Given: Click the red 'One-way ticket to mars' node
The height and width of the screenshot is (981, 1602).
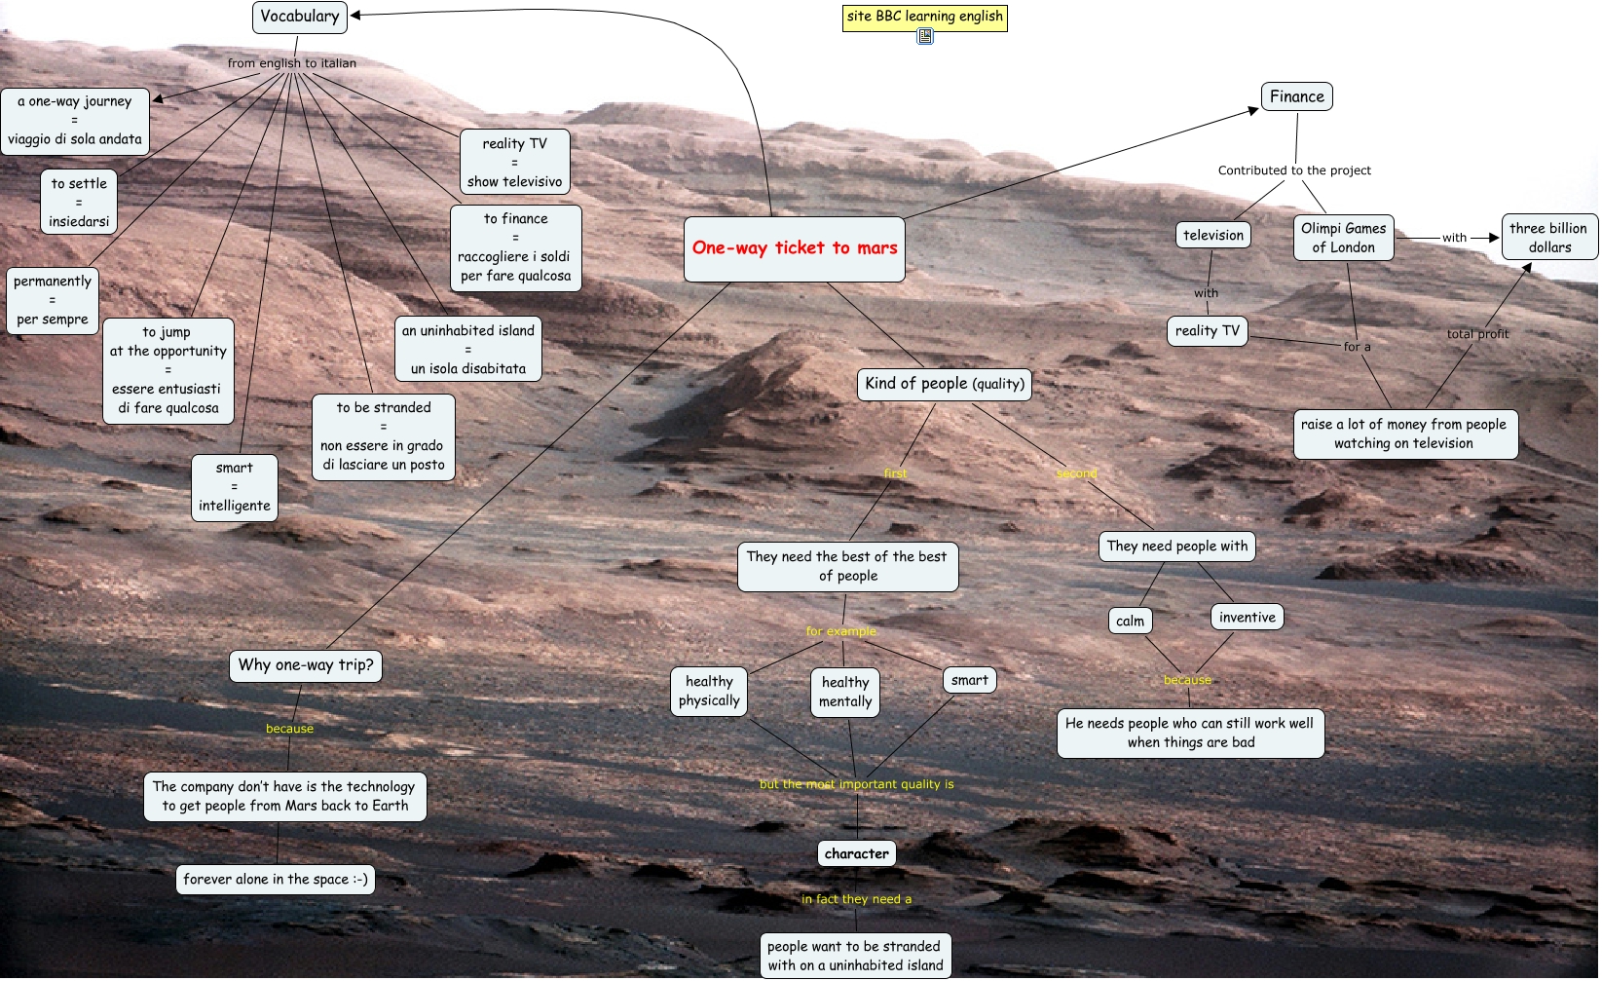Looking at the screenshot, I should tap(794, 248).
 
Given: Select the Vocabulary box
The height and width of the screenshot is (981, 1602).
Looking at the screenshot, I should tap(299, 17).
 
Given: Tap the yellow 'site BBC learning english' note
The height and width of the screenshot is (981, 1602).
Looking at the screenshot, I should tap(924, 17).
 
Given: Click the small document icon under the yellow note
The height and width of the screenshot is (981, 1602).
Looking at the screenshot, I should tap(925, 37).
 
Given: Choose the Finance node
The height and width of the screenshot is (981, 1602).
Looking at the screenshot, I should tap(1296, 96).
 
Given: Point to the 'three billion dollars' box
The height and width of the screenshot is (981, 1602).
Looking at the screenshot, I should tap(1548, 237).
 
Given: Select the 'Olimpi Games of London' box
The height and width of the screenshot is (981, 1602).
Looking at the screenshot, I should tap(1343, 238).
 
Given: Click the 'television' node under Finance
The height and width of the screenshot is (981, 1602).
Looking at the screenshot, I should tap(1212, 235).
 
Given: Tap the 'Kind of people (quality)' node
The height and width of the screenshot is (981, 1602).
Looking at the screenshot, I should tap(944, 384).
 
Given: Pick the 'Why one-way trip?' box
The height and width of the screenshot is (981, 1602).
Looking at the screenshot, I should tap(305, 665).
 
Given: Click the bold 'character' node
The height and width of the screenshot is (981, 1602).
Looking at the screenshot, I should tap(856, 853).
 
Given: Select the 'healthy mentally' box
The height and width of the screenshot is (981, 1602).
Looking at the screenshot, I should tap(844, 692).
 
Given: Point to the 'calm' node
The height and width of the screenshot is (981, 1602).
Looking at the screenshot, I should tap(1130, 621).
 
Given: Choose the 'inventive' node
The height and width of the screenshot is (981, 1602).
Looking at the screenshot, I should tap(1247, 617).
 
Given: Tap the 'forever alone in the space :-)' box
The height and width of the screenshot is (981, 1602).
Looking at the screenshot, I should tap(275, 879).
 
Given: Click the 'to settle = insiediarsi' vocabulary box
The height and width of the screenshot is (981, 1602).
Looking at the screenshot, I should tap(79, 203).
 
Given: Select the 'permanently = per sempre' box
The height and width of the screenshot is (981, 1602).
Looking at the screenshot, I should tap(53, 300).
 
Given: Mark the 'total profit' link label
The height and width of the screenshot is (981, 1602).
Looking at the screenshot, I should tap(1477, 334).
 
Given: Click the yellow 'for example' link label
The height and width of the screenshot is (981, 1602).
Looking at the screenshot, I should tap(840, 631).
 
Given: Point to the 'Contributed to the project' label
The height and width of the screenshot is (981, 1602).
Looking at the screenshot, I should tap(1293, 170).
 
